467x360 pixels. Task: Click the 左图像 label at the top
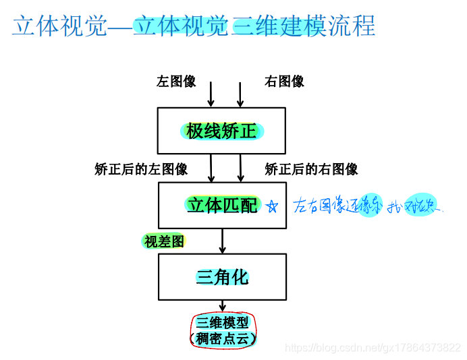pos(176,82)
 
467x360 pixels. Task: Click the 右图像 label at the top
pos(284,82)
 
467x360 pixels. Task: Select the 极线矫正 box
pos(222,131)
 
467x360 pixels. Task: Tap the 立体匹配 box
pos(222,205)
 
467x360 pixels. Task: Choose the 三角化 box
pos(222,276)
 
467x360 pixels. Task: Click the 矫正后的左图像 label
pos(141,169)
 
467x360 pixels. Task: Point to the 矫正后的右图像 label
pos(311,169)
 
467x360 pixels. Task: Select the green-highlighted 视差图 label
pos(164,241)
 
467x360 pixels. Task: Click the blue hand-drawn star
pos(271,206)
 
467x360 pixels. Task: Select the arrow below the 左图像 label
pos(211,94)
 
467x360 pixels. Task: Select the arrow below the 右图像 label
pos(240,94)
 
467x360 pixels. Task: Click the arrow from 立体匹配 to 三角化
pos(222,241)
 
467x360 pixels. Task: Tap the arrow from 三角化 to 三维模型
pos(222,306)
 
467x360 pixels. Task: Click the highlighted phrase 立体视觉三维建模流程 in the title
pos(254,26)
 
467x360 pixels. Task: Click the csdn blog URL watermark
pos(373,348)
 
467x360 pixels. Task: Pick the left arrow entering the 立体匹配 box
pos(211,168)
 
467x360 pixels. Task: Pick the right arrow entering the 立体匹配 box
pos(240,168)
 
